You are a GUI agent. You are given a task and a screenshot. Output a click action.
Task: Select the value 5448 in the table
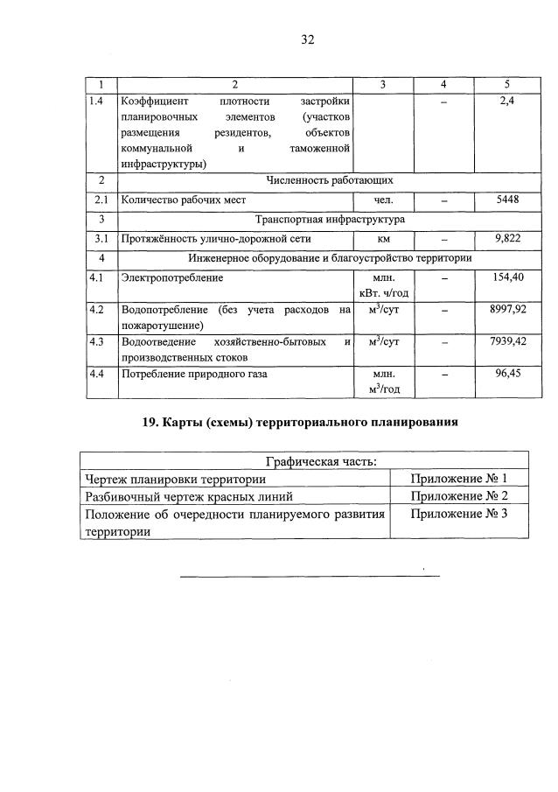coord(507,200)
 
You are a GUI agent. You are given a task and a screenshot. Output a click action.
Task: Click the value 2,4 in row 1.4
coord(507,102)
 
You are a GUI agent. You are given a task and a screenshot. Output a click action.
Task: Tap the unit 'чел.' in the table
coord(384,200)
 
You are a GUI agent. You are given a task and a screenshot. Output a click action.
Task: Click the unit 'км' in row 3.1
coord(384,238)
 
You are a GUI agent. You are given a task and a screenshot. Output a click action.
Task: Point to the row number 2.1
coord(101,200)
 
